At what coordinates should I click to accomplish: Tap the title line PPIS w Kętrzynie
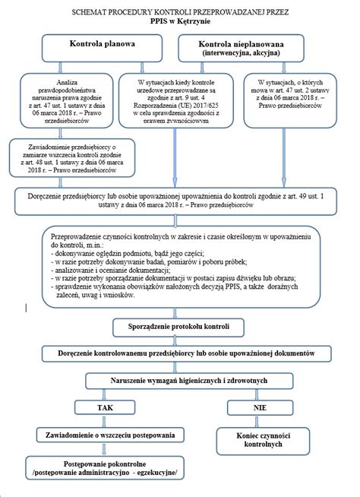pyautogui.click(x=180, y=23)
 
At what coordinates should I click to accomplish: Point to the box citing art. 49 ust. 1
pyautogui.click(x=180, y=198)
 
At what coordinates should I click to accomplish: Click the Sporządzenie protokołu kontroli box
pyautogui.click(x=179, y=327)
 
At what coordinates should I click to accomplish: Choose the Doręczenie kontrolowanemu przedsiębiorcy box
pyautogui.click(x=180, y=354)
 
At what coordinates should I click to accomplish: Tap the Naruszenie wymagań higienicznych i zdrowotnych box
pyautogui.click(x=180, y=380)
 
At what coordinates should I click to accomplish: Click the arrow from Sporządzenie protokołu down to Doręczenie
pyautogui.click(x=180, y=340)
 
